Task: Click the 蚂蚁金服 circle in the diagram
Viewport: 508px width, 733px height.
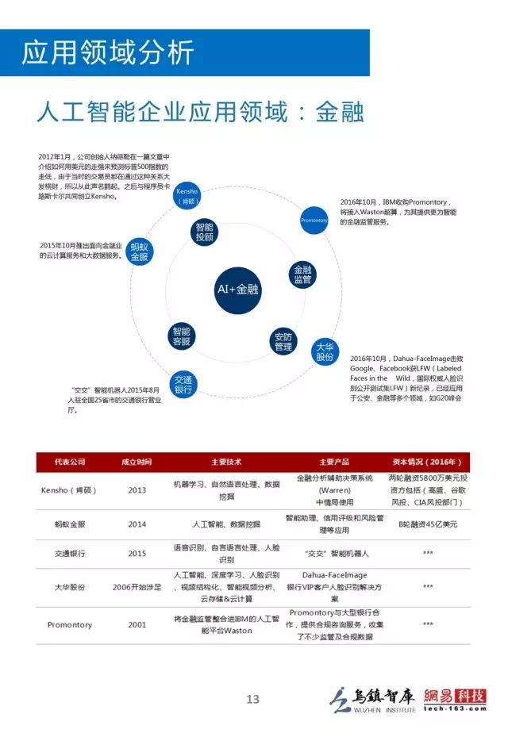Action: pos(140,252)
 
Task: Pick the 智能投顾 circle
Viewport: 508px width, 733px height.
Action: pos(204,232)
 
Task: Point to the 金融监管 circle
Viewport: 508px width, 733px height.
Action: pos(302,274)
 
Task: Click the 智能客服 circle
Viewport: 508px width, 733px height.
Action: pos(182,336)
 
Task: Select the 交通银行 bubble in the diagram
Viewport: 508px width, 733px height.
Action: pos(183,385)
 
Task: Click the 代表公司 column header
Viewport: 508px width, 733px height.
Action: pos(70,462)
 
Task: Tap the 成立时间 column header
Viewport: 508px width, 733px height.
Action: pos(137,462)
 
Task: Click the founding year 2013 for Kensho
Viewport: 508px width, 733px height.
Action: pos(137,489)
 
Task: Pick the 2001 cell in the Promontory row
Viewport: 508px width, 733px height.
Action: pos(137,624)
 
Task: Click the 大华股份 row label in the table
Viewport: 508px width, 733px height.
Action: pos(70,587)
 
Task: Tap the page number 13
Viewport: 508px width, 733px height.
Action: pos(252,699)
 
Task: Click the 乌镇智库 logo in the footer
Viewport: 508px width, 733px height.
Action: pos(373,699)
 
